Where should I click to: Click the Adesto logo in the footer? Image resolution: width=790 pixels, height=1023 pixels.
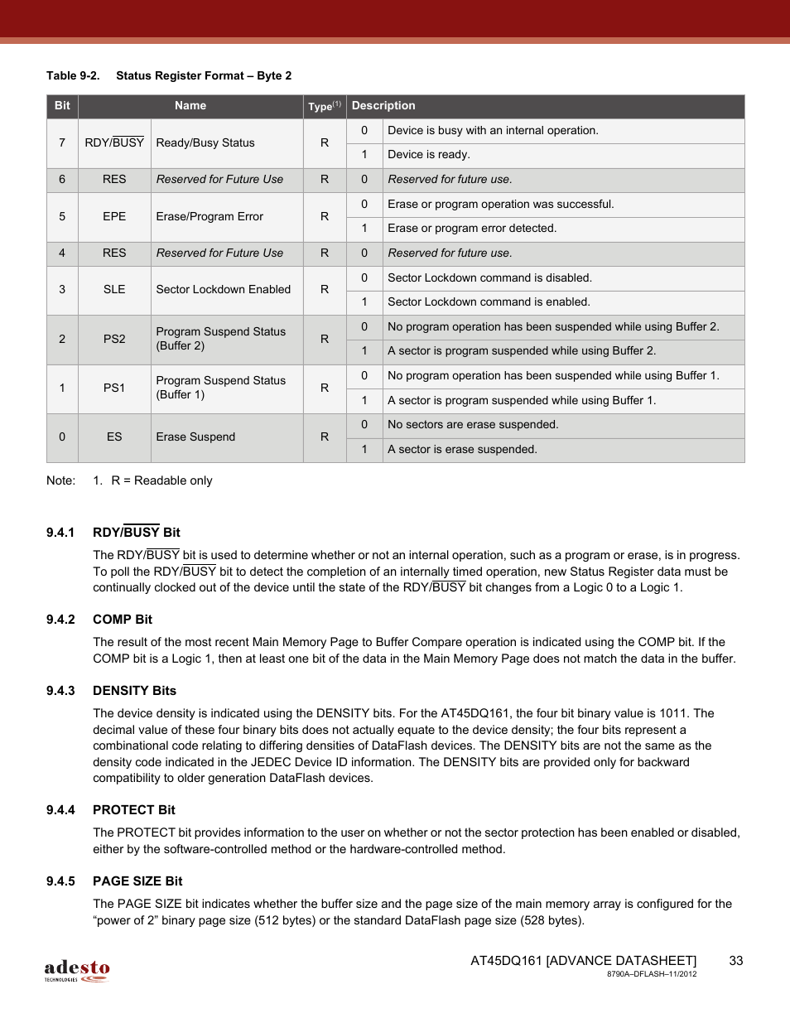[76, 970]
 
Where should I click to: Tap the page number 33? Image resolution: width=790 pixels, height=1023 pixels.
[735, 960]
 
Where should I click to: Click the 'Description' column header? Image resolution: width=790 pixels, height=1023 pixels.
[383, 106]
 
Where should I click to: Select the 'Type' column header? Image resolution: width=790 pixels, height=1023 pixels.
[324, 106]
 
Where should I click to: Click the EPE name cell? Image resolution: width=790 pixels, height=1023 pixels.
[114, 217]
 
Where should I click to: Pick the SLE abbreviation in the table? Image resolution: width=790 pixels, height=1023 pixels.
[114, 290]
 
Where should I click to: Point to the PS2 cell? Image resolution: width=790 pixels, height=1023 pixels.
[114, 339]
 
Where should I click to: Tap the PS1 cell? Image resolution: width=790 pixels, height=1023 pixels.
[114, 388]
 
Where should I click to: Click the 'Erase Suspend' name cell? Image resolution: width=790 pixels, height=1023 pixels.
[195, 437]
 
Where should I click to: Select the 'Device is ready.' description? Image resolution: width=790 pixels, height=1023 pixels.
[428, 155]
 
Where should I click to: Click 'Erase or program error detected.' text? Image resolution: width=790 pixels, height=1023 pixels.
[472, 229]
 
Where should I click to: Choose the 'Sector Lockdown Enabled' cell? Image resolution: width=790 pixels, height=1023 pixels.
[224, 290]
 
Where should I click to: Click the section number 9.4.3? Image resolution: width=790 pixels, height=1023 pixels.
[60, 691]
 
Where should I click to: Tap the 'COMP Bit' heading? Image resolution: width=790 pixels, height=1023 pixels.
[123, 620]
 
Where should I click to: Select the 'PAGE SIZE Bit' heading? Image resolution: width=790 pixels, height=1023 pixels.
[137, 881]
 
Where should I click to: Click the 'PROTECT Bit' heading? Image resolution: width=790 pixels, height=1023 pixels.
[134, 810]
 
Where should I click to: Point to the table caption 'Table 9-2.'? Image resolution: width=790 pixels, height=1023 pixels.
[73, 76]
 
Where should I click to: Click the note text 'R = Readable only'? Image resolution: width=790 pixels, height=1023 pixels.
[161, 480]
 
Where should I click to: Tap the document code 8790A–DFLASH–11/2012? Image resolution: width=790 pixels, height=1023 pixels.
[652, 974]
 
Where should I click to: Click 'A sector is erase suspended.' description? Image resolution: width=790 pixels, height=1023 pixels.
[462, 450]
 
